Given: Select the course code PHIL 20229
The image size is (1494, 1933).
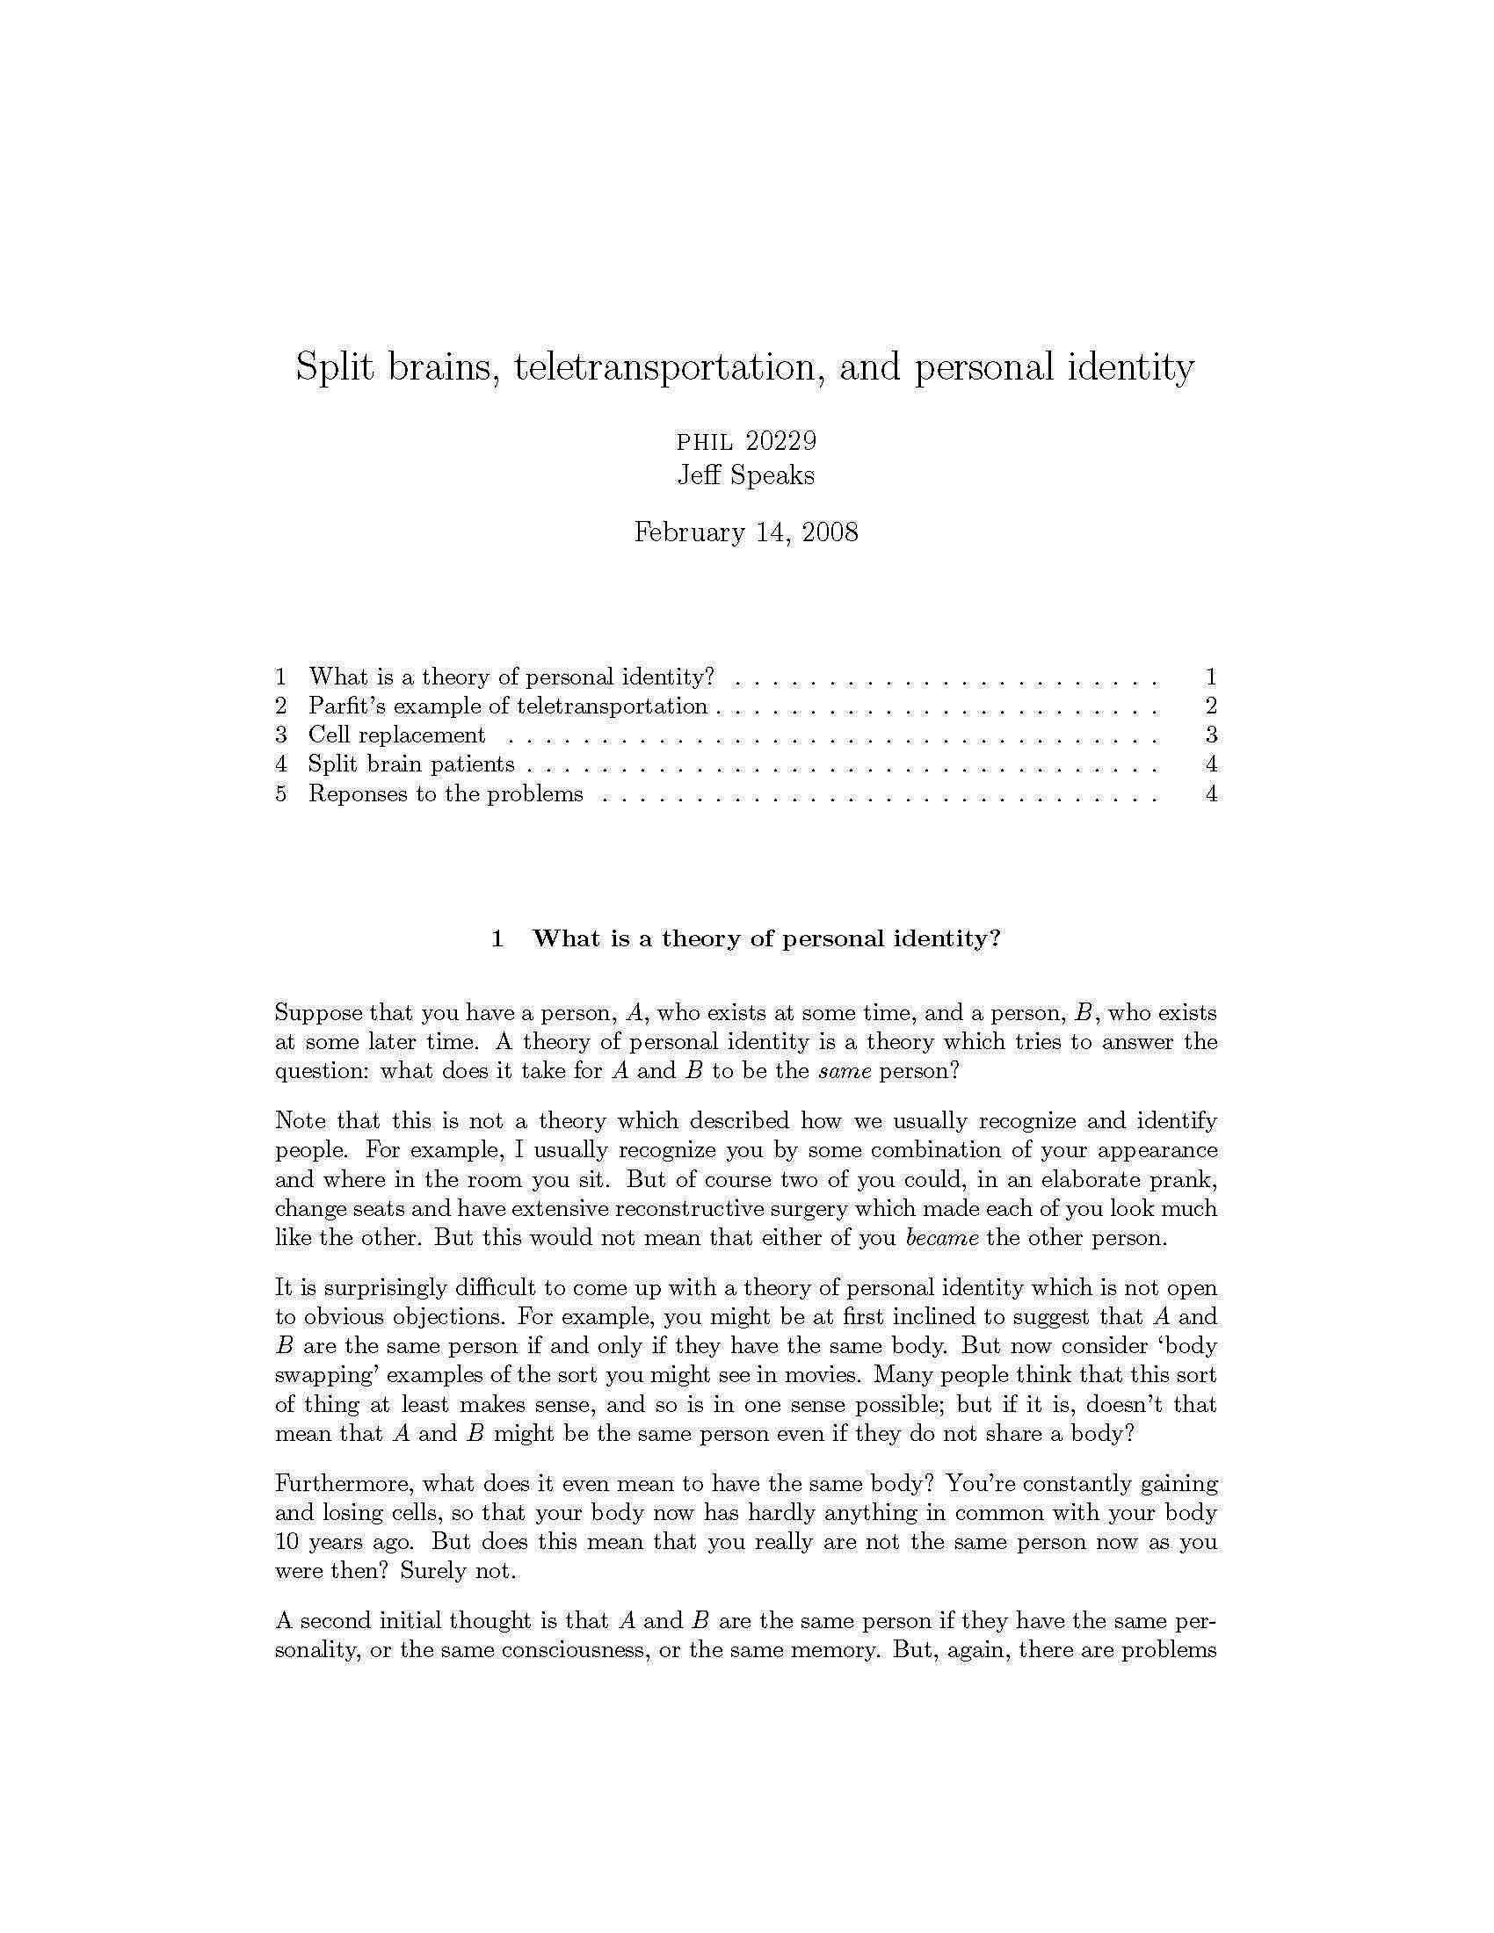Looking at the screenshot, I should click(746, 441).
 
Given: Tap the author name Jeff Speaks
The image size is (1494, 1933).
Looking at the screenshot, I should click(746, 475).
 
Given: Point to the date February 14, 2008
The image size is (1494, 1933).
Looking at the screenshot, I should click(746, 532).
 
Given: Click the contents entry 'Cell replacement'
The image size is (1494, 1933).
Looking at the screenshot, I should click(396, 735).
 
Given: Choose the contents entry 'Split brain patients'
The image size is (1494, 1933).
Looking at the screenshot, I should click(410, 764).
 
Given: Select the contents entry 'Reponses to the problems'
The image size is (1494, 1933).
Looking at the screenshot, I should click(446, 793).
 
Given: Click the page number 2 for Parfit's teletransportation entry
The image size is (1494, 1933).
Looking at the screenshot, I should click(1211, 706).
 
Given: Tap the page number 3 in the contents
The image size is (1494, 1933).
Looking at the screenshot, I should click(1211, 735).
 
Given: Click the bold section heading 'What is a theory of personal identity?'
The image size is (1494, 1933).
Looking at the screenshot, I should click(765, 938).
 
